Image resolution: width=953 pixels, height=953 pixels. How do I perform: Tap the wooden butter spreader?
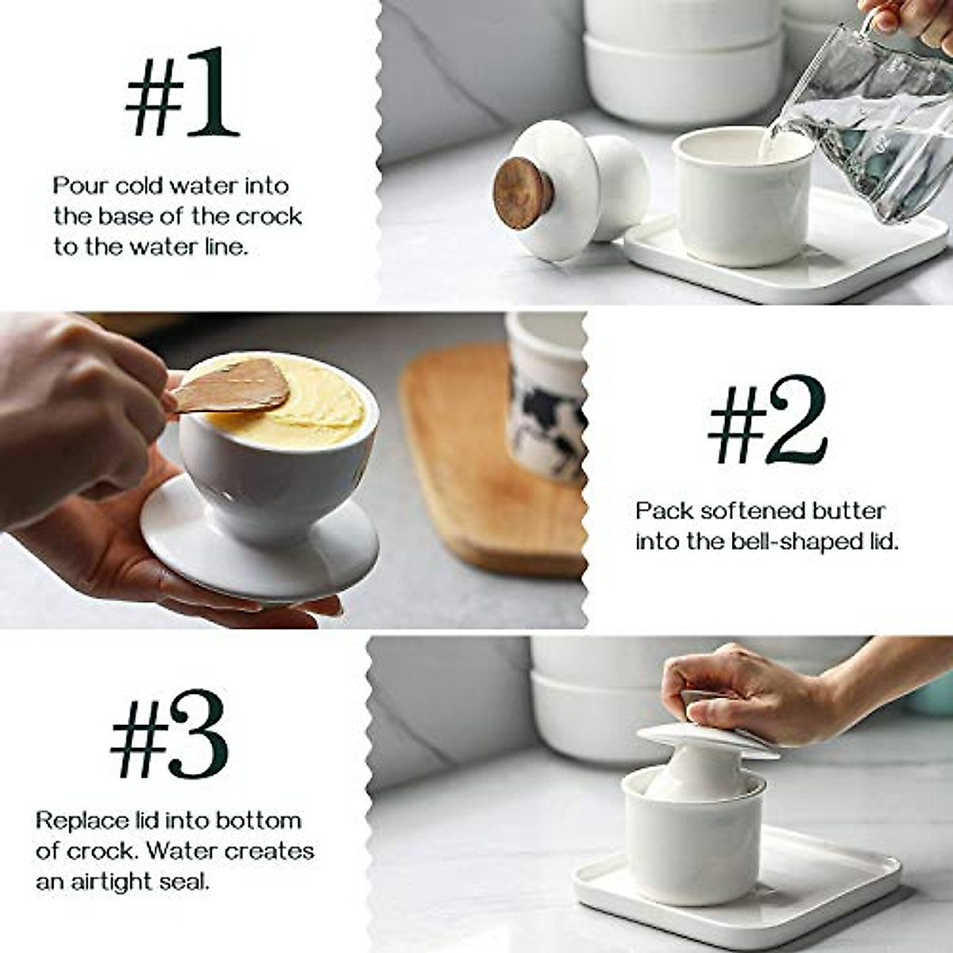(230, 387)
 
